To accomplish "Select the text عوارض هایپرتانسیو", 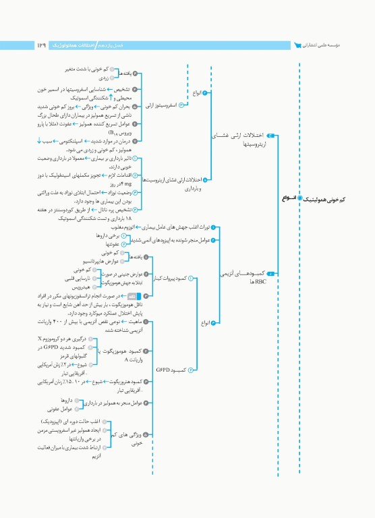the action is click(x=101, y=260).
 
